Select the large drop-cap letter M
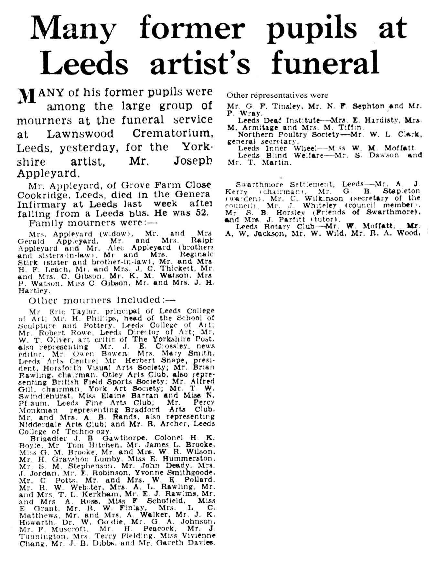(27, 96)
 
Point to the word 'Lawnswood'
(80, 134)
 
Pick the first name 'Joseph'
(193, 161)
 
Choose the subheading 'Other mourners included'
(102, 300)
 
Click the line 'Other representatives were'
(277, 95)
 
